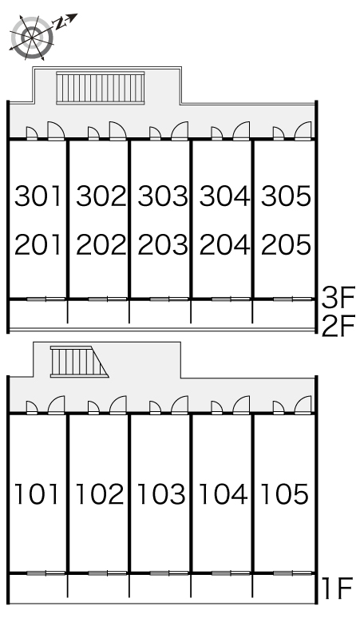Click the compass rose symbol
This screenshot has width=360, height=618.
point(32,37)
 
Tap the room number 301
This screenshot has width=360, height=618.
point(38,196)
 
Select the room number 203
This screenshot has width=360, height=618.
point(162,244)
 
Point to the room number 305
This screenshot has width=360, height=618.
point(286,196)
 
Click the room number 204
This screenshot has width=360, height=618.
point(224,244)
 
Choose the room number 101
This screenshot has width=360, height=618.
point(37,494)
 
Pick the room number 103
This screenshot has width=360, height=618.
point(160,494)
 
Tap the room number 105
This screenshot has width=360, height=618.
point(284,494)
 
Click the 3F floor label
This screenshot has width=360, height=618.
point(338,298)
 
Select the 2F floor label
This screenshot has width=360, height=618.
point(338,326)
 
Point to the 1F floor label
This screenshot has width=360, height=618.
point(337,588)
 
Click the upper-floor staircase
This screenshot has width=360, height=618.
point(101,88)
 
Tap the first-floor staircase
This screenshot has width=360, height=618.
point(79,362)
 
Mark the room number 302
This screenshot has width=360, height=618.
point(101,196)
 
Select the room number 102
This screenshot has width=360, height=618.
point(99,494)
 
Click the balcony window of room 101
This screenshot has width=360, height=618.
point(45,573)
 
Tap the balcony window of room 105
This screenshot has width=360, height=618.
point(292,573)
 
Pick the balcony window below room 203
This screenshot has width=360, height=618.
point(169,299)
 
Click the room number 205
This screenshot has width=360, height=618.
point(286,244)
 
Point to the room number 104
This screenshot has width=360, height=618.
point(223,494)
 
